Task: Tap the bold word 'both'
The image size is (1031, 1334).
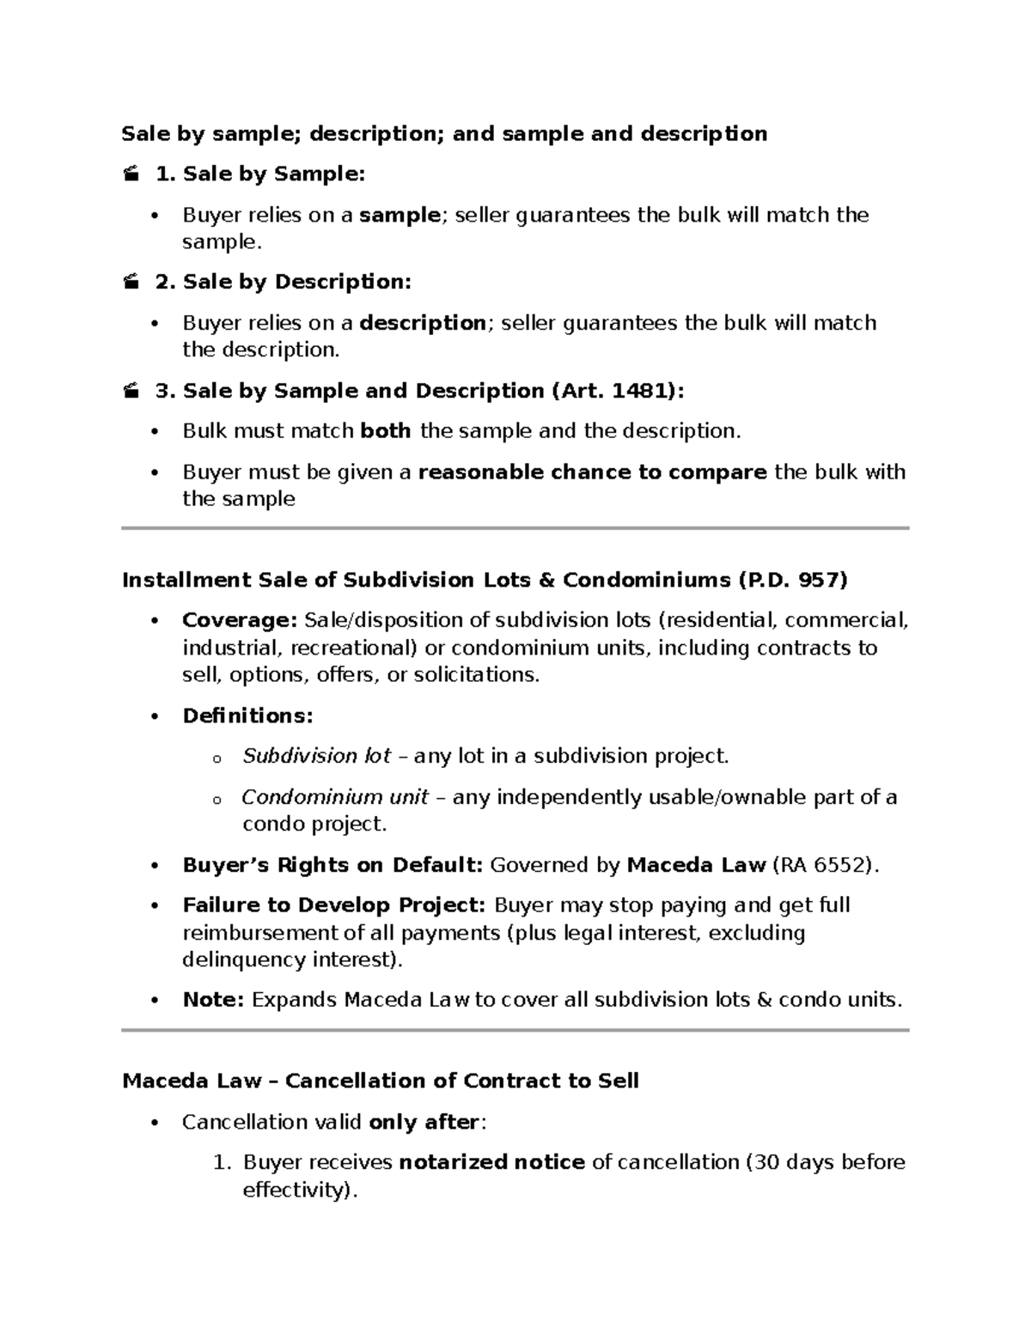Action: pos(386,431)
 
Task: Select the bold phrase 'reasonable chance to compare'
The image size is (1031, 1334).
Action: pos(592,472)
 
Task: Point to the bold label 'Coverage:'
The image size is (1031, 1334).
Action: pos(239,620)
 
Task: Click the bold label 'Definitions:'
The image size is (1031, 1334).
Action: pos(247,716)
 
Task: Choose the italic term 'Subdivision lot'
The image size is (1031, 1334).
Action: pos(316,756)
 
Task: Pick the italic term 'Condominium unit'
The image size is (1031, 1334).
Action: pos(334,797)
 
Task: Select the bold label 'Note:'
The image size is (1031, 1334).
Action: pos(214,1000)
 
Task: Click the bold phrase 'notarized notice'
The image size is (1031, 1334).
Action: pos(492,1162)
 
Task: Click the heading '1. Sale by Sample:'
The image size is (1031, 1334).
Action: pos(260,174)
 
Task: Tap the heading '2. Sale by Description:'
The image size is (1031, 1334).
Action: pos(284,282)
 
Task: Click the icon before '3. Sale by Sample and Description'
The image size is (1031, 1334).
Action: pos(131,392)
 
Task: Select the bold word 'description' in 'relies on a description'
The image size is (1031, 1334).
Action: pos(423,323)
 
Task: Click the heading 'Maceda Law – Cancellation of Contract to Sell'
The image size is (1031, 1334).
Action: pos(381,1081)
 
